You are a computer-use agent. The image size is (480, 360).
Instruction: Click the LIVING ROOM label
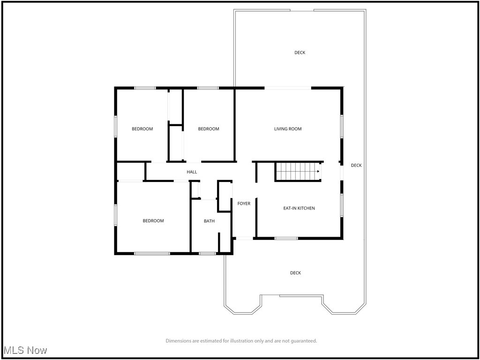tap(288, 129)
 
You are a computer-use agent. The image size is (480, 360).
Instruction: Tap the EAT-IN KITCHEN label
tap(299, 208)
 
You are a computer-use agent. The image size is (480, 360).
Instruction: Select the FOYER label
tap(244, 203)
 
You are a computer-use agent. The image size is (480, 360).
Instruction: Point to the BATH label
tap(209, 221)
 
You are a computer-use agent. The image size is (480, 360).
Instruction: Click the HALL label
tap(192, 172)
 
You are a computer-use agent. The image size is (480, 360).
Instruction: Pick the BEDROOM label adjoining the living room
tap(209, 129)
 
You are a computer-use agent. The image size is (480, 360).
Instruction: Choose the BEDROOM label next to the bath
tap(153, 221)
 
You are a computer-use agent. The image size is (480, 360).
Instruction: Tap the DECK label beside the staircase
tap(356, 165)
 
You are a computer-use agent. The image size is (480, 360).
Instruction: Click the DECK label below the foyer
tap(295, 273)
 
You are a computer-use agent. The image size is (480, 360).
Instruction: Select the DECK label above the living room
tap(300, 52)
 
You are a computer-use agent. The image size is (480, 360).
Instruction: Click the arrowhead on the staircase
tap(318, 172)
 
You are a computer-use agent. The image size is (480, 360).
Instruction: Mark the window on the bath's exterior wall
tap(207, 254)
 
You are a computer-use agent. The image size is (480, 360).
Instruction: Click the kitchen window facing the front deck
tap(286, 238)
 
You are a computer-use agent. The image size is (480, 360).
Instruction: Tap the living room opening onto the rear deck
tap(288, 88)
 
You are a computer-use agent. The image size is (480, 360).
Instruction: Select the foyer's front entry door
tap(244, 239)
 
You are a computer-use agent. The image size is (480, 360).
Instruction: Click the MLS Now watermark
tap(25, 350)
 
